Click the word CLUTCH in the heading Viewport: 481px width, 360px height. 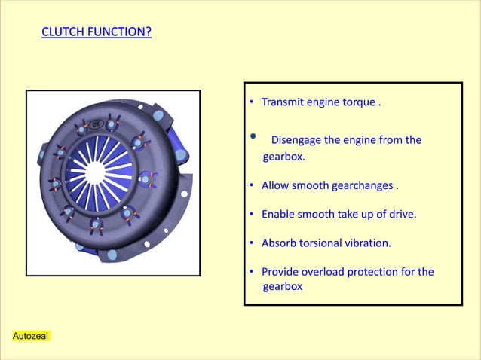[x=63, y=33]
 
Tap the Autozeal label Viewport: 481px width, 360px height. [x=31, y=335]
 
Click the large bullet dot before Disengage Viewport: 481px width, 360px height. [x=253, y=137]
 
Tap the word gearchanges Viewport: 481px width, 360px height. [x=361, y=186]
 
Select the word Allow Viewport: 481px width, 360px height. [x=274, y=186]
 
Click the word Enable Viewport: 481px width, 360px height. [x=278, y=215]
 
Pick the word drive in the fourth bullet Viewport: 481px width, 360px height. [x=400, y=215]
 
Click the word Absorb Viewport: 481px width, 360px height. [x=279, y=243]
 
